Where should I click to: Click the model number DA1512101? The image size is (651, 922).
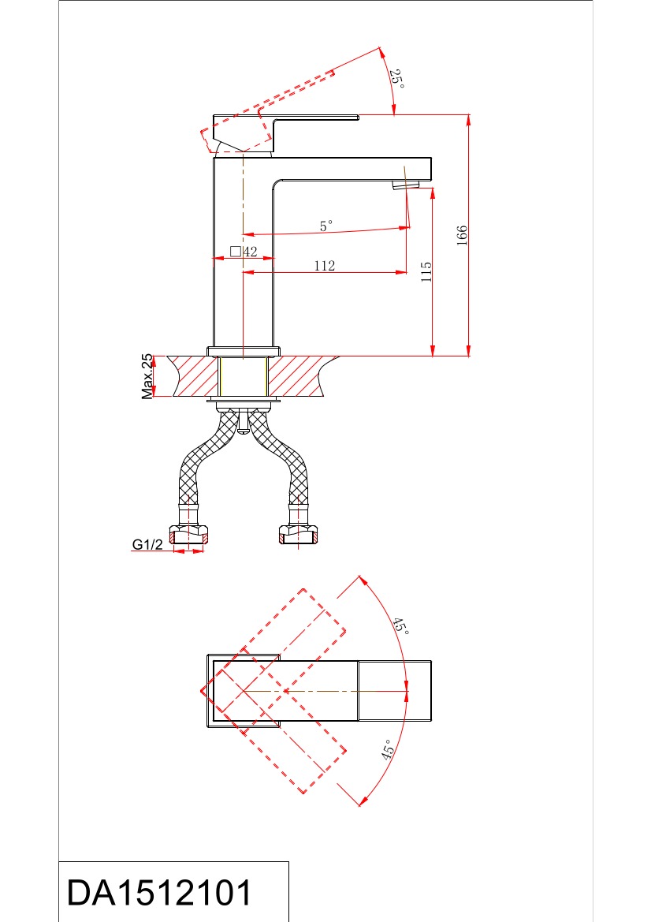coord(159,893)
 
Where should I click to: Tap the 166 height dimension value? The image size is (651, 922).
coord(462,235)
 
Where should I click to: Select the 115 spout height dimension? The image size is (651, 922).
coord(426,271)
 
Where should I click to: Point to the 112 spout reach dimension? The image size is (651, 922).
coord(325,266)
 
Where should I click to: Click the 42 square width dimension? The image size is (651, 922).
coord(251,252)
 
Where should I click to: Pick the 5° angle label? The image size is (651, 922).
coord(326,226)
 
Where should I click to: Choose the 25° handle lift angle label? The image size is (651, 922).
coord(398,79)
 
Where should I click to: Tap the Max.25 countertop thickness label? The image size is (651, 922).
coord(147,376)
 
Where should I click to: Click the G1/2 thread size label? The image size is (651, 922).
coord(147,544)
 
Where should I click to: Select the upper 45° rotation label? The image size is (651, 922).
coord(400,625)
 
